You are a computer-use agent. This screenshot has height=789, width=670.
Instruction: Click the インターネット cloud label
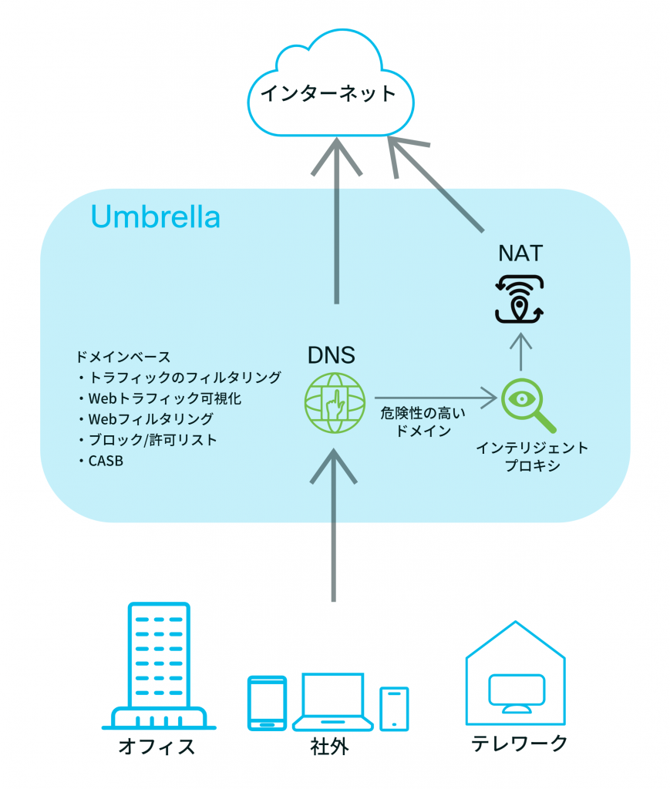pyautogui.click(x=328, y=94)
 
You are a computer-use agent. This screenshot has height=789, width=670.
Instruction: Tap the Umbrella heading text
pyautogui.click(x=155, y=217)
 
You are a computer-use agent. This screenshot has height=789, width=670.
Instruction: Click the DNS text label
pyautogui.click(x=332, y=355)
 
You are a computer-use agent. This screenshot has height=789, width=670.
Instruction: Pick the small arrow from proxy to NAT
pyautogui.click(x=521, y=351)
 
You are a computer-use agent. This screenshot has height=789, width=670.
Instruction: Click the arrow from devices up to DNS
pyautogui.click(x=334, y=524)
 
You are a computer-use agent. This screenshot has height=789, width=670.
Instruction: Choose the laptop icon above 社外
pyautogui.click(x=332, y=700)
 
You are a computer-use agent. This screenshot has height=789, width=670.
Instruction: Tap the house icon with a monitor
pyautogui.click(x=515, y=677)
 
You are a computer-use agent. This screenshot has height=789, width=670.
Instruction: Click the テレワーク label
pyautogui.click(x=519, y=744)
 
